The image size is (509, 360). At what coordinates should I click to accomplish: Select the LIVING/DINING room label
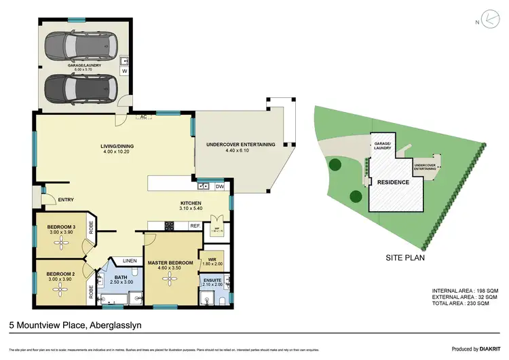click(x=98, y=147)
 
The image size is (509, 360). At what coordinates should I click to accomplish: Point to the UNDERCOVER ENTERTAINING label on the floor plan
click(x=240, y=144)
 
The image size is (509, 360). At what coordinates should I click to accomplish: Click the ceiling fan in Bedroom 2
click(x=60, y=289)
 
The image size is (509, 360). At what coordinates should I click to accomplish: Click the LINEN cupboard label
click(x=129, y=260)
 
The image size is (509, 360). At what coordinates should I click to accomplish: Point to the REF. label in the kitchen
click(x=194, y=226)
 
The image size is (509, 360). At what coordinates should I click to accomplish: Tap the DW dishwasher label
click(x=219, y=186)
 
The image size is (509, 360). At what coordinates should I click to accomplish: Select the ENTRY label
click(x=66, y=199)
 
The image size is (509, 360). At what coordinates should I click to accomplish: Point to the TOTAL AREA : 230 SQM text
click(x=465, y=304)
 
